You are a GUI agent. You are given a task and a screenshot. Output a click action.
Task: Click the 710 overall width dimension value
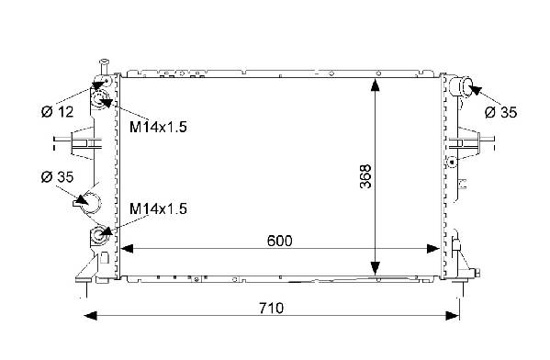click(x=271, y=308)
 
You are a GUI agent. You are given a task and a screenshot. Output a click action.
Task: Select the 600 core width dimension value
click(x=279, y=241)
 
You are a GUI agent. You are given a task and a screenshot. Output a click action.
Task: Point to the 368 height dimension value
click(x=365, y=176)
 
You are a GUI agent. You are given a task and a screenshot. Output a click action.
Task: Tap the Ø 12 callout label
click(x=57, y=112)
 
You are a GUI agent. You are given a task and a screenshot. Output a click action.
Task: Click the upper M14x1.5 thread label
click(x=158, y=127)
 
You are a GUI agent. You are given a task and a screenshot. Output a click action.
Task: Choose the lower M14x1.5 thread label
click(x=158, y=208)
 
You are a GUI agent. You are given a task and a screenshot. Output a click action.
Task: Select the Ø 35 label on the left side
click(x=57, y=177)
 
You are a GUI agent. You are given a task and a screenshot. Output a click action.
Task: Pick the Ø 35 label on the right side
click(x=500, y=112)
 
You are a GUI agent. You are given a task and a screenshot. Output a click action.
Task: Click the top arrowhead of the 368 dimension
click(x=375, y=85)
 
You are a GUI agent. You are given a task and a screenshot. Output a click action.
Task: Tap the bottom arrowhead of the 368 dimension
click(x=375, y=268)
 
